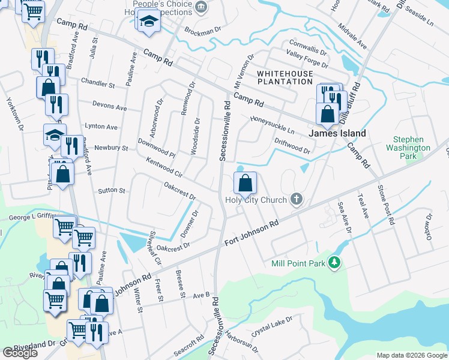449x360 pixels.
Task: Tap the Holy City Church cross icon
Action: [295, 199]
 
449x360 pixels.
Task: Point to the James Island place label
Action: [337, 133]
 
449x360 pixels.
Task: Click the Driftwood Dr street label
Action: [292, 146]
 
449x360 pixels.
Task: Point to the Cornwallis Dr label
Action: [307, 44]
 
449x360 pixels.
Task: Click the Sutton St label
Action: [112, 191]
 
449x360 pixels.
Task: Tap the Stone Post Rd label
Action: [385, 204]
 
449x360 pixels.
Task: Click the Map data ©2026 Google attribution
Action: [412, 355]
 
